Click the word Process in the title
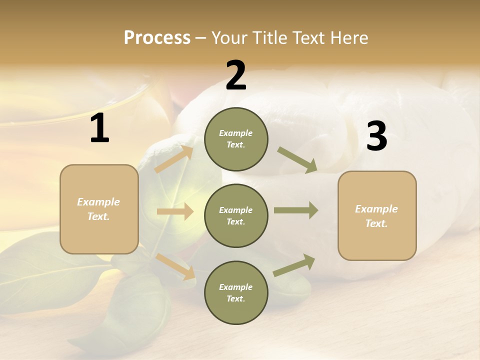pyautogui.click(x=157, y=38)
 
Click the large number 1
pyautogui.click(x=99, y=129)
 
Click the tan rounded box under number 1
pyautogui.click(x=99, y=209)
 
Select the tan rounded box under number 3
pyautogui.click(x=377, y=216)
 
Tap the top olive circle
pyautogui.click(x=236, y=139)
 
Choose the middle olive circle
pyautogui.click(x=236, y=215)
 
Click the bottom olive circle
pyautogui.click(x=236, y=292)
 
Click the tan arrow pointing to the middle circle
pyautogui.click(x=175, y=212)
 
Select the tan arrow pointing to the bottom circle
pyautogui.click(x=176, y=266)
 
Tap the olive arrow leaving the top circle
pyautogui.click(x=297, y=159)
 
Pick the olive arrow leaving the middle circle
pyautogui.click(x=296, y=210)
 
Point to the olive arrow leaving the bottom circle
pyautogui.click(x=294, y=265)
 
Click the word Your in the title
pyautogui.click(x=230, y=38)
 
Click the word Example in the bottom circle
pyautogui.click(x=236, y=287)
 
